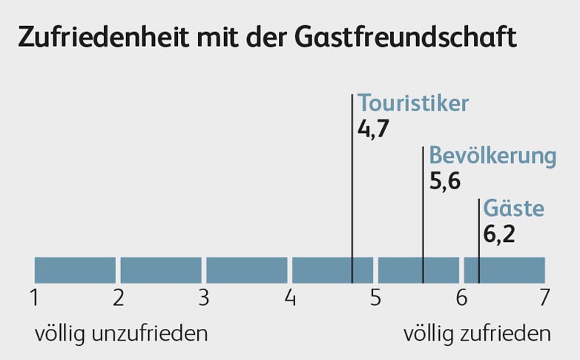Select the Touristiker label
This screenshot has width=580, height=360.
[x=413, y=104]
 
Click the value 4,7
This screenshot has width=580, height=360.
[x=373, y=129]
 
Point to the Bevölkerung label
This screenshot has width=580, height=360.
[x=492, y=157]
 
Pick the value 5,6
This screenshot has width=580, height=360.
[x=445, y=182]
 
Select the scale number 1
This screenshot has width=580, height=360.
[x=34, y=298]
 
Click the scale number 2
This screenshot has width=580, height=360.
[x=118, y=298]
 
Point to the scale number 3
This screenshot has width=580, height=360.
[x=204, y=298]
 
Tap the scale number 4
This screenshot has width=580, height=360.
[x=290, y=298]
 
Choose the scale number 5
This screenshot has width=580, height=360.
[x=375, y=298]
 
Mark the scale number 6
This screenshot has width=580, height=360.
[x=461, y=298]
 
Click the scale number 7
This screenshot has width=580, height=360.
[x=544, y=298]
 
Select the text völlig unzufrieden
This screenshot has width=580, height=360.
[x=121, y=334]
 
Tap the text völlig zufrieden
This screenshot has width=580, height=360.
[x=477, y=334]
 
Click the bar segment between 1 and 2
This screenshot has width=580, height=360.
[x=75, y=270]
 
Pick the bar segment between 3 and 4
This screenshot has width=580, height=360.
[x=247, y=270]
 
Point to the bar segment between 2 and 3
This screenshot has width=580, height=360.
[x=161, y=270]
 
